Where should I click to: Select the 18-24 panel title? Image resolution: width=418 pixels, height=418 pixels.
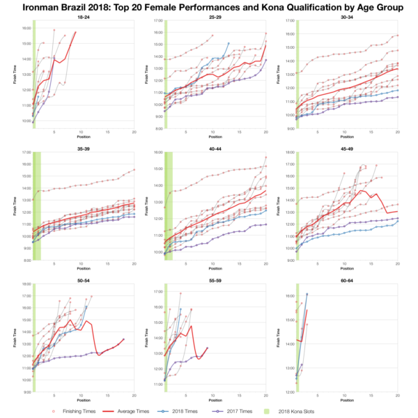click(x=83, y=16)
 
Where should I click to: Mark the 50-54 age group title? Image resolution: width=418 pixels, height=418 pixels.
click(x=83, y=280)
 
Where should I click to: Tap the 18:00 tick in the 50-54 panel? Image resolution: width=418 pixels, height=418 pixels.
click(x=25, y=284)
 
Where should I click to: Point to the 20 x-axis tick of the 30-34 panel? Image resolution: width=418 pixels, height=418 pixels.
click(x=397, y=133)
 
